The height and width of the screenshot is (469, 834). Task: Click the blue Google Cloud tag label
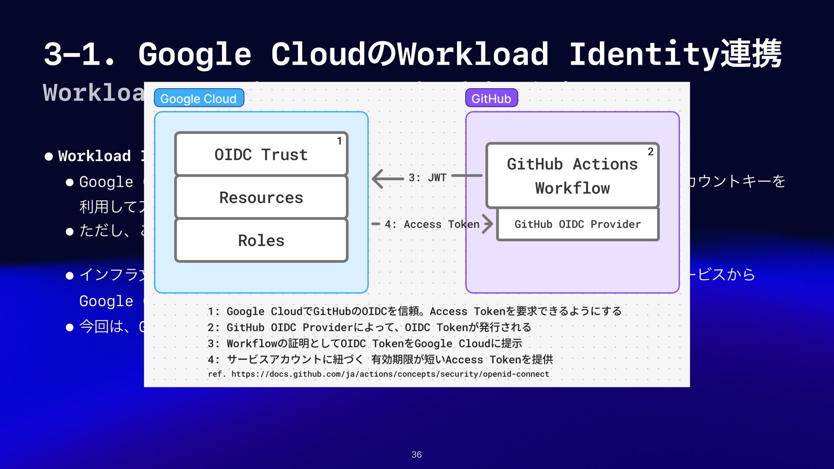click(x=199, y=99)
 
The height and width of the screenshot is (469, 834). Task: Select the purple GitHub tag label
click(x=491, y=99)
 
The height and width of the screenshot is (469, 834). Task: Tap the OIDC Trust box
click(x=261, y=155)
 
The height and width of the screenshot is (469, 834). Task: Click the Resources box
click(x=261, y=198)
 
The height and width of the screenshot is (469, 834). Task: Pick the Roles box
click(x=261, y=241)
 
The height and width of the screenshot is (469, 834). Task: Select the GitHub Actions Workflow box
click(x=572, y=176)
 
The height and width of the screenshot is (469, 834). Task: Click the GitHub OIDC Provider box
click(x=577, y=225)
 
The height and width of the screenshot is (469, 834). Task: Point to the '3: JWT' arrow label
click(x=427, y=178)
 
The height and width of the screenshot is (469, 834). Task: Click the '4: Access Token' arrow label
click(x=432, y=225)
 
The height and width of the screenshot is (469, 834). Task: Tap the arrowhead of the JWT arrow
click(x=377, y=178)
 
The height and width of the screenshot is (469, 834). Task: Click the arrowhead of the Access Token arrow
click(x=488, y=224)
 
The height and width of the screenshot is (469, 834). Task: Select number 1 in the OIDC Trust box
click(x=339, y=141)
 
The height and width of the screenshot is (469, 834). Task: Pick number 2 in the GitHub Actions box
click(x=650, y=152)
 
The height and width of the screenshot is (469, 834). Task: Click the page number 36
click(x=417, y=455)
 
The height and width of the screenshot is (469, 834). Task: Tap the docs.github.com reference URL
click(x=390, y=374)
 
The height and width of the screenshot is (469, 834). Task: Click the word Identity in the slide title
click(x=643, y=55)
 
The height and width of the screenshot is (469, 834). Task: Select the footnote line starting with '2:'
click(x=369, y=327)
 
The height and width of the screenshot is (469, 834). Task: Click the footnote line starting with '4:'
click(x=380, y=360)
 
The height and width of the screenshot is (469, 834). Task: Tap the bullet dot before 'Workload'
click(x=49, y=156)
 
